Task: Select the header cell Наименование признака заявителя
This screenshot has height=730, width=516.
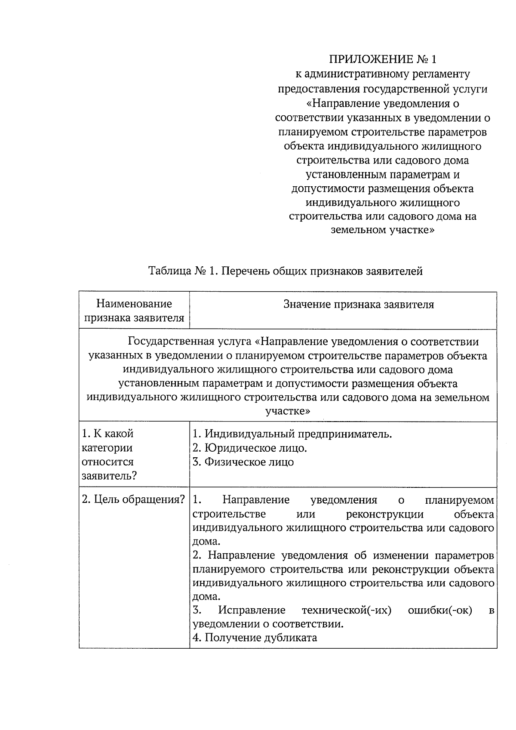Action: [x=134, y=311]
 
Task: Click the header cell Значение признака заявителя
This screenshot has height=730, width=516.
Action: [x=359, y=305]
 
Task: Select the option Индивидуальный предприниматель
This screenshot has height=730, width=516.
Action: [x=292, y=434]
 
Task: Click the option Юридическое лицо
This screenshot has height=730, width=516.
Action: [x=250, y=448]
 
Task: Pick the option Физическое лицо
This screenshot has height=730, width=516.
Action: [x=243, y=462]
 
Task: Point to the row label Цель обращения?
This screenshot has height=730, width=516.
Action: [x=134, y=500]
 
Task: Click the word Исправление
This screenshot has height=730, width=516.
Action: [x=252, y=610]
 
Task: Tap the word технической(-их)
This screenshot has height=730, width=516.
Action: [x=347, y=610]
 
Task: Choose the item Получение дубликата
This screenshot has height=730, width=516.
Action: [x=255, y=638]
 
